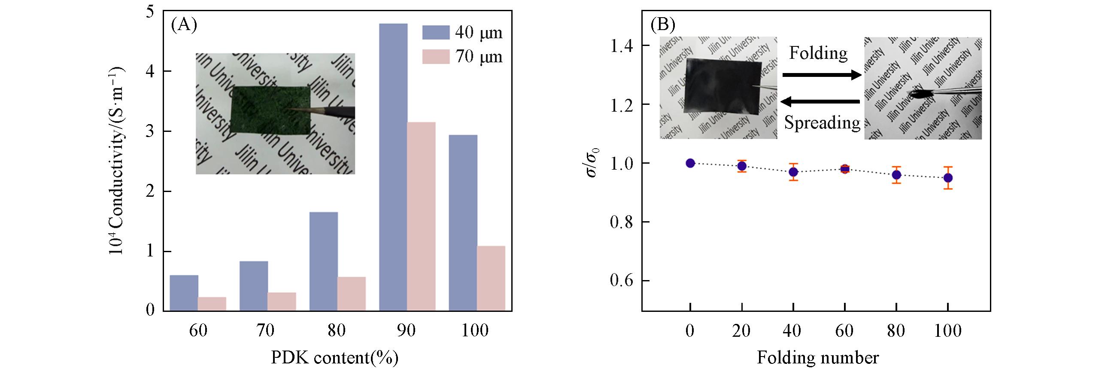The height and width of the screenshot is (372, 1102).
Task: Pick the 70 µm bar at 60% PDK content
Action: (212, 303)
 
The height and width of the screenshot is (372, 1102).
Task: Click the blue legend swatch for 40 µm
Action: (435, 32)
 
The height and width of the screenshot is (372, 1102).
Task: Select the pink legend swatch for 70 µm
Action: (435, 57)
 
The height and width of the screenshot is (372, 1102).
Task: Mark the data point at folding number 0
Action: (690, 163)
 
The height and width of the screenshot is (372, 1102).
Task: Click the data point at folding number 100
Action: (948, 178)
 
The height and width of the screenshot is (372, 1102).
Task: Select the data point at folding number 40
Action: (793, 172)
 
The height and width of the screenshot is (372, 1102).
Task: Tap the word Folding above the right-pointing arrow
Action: (818, 53)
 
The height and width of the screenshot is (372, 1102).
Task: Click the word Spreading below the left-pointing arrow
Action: (822, 123)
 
